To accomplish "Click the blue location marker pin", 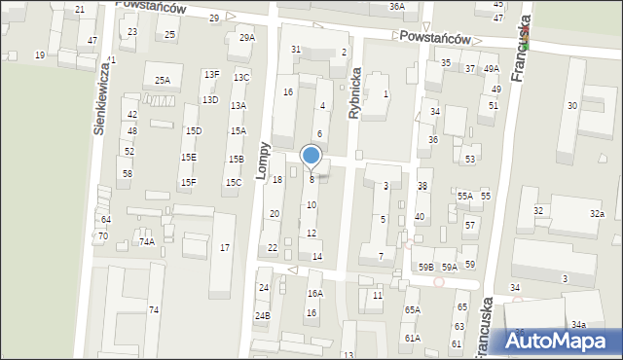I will pos(311,157).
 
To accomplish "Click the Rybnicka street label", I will pos(356,92).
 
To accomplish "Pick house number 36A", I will pos(396,6).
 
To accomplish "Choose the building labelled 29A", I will pos(247,38).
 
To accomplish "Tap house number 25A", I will pos(162,81).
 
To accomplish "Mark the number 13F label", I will pos(211,75).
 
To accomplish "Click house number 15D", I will pos(194,131).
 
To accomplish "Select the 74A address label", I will pos(146,242).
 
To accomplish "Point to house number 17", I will pos(225,249).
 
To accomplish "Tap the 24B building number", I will pos(262,316).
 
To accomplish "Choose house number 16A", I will pos(314,293).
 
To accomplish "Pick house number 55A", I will pos(465,197).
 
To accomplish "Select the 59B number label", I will pos(426,267).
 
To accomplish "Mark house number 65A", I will pos(413,310).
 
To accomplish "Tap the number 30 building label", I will pos(572,106).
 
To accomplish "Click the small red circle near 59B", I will pos(439,282).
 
